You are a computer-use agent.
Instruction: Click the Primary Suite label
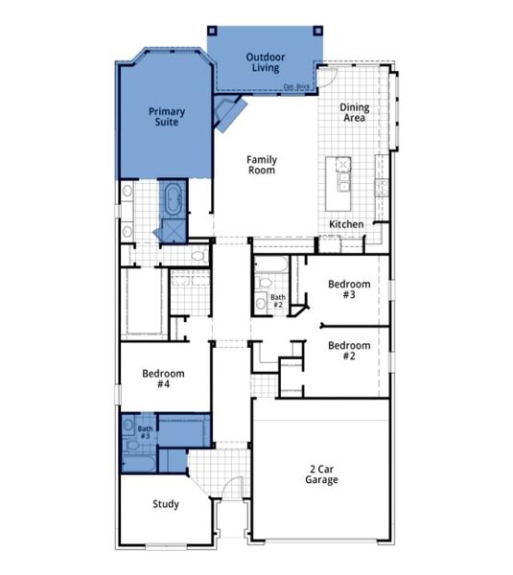click(166, 117)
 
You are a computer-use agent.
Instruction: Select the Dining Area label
click(356, 114)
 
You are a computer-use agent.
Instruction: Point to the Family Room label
click(261, 165)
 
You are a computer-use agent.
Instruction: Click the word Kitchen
click(346, 224)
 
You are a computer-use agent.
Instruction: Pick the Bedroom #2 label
click(348, 351)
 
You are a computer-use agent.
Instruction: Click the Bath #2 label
click(277, 301)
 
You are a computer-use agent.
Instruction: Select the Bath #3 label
click(145, 431)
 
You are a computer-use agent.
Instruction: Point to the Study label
click(166, 504)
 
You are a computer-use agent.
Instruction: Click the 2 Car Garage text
click(322, 473)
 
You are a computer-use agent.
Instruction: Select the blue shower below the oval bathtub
click(173, 229)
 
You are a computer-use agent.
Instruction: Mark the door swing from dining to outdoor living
click(328, 77)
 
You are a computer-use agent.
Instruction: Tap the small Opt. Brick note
click(296, 87)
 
